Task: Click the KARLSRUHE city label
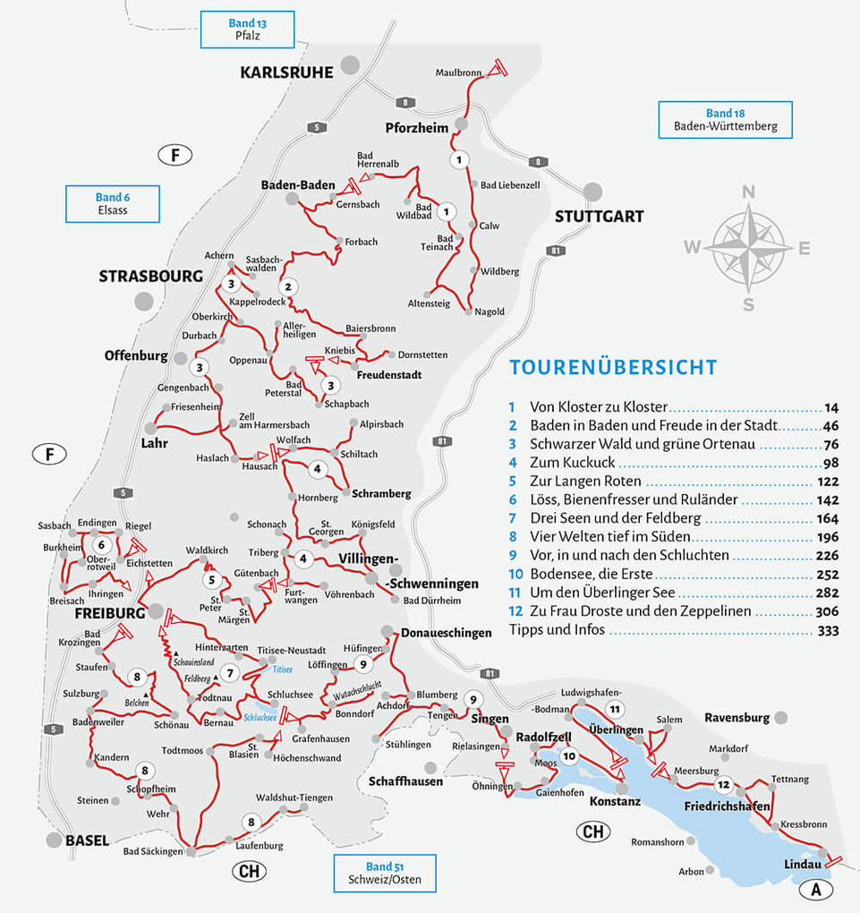285,73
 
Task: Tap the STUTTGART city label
599,217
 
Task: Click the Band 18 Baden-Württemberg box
725,120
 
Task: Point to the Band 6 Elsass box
113,204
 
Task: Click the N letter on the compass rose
749,192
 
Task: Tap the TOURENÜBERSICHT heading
613,367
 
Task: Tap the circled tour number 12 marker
723,785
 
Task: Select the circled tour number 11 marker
614,710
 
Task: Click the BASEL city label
87,840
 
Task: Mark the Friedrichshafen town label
727,806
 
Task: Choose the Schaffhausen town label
405,781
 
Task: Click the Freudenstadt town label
388,375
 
